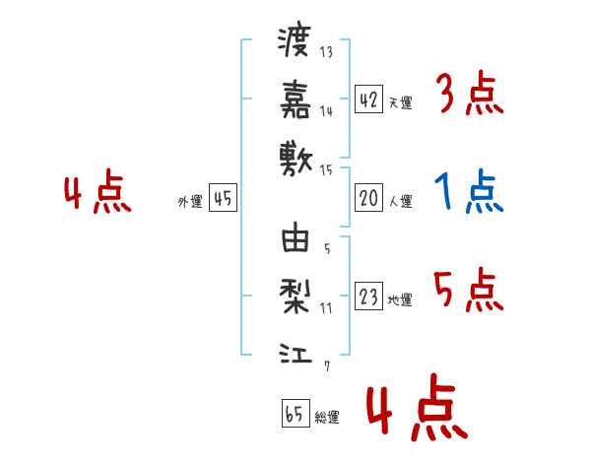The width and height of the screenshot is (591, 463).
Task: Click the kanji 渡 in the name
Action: pyautogui.click(x=295, y=41)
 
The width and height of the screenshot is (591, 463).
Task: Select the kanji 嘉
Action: pyautogui.click(x=295, y=99)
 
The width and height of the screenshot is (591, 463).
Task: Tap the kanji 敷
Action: pyautogui.click(x=295, y=159)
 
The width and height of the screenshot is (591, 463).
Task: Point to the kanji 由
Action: pyautogui.click(x=295, y=237)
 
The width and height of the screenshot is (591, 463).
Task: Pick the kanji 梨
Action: pyautogui.click(x=295, y=297)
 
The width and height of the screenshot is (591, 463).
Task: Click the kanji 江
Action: pyautogui.click(x=295, y=354)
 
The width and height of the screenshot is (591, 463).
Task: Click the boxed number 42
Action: pyautogui.click(x=368, y=99)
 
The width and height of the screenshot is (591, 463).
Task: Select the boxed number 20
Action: pyautogui.click(x=368, y=198)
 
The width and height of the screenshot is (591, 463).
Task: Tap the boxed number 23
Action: pyautogui.click(x=368, y=296)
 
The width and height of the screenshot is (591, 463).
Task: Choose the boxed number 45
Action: pyautogui.click(x=223, y=198)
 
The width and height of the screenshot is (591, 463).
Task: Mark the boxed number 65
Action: pyautogui.click(x=295, y=413)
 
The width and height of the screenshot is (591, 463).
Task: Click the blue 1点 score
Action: pyautogui.click(x=469, y=191)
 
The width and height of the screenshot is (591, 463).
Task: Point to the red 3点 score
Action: pyautogui.click(x=471, y=93)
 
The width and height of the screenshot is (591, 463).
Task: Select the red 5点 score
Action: pyautogui.click(x=469, y=290)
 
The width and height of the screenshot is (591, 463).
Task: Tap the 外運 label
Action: pyautogui.click(x=190, y=202)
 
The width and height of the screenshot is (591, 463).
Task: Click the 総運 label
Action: pyautogui.click(x=327, y=418)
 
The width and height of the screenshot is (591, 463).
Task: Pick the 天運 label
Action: pyautogui.click(x=401, y=102)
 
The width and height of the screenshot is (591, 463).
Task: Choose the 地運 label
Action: pyautogui.click(x=400, y=300)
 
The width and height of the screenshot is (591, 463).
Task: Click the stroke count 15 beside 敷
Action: pyautogui.click(x=326, y=170)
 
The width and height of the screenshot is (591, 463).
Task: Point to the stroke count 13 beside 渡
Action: pyautogui.click(x=326, y=51)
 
